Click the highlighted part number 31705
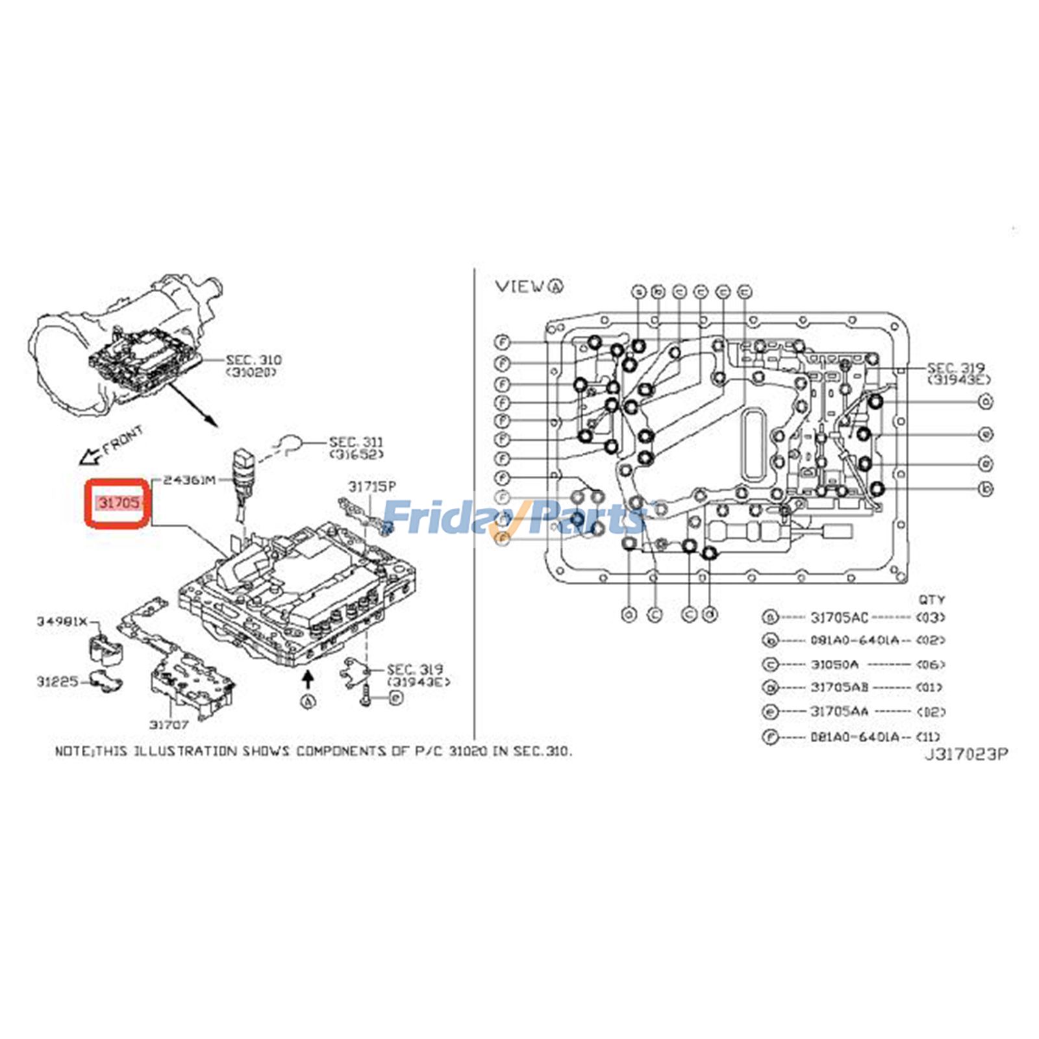(118, 502)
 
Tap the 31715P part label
(371, 486)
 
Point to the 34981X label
(61, 621)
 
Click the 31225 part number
(57, 681)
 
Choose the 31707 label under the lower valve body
(169, 725)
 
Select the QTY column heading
(931, 599)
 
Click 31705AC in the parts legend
(839, 617)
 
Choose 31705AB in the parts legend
(839, 687)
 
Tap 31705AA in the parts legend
(839, 712)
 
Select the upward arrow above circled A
(308, 679)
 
